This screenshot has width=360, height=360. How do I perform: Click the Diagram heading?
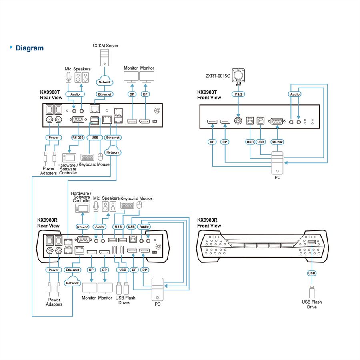pos(30,48)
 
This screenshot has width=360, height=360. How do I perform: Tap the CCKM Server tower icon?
pos(104,58)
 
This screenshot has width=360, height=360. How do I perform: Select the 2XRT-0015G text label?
pos(218,76)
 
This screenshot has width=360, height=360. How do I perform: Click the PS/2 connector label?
pos(238,94)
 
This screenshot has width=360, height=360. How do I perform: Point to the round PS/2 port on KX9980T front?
pos(238,121)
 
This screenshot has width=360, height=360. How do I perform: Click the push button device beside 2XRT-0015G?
pos(238,75)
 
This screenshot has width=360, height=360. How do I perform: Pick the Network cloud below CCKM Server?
pos(105,81)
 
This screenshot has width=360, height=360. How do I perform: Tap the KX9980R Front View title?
pos(209,223)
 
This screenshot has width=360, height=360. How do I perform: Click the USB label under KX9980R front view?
pos(312,273)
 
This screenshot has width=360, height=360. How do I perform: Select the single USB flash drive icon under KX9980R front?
pos(312,292)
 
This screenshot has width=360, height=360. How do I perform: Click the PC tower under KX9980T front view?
pos(277,163)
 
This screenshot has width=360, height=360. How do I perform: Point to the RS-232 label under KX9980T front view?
pos(277,142)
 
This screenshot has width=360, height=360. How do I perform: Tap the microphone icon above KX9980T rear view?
pos(68,77)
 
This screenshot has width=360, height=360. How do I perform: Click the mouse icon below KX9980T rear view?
pos(100,157)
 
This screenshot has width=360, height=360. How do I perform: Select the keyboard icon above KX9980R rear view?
pos(127,205)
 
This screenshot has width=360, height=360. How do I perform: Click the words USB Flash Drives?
pos(125,300)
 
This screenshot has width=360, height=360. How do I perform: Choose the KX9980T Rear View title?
pos(51,95)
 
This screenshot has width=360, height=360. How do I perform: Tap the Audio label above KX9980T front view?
pos(294,94)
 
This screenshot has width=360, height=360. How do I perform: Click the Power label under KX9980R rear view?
pos(54,270)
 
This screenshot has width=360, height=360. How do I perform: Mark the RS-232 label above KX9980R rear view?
pos(82,227)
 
